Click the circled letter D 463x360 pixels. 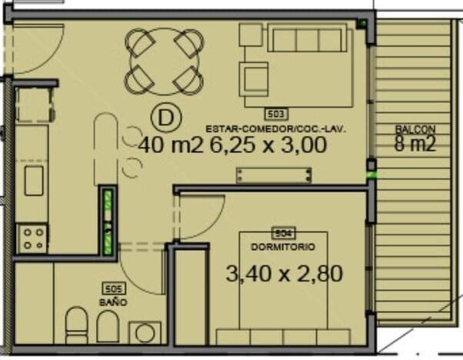[166, 118]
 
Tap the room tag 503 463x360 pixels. [276, 114]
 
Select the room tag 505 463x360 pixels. [114, 288]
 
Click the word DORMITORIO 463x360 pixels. [283, 247]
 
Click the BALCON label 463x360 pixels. [415, 129]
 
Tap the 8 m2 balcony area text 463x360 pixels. [415, 144]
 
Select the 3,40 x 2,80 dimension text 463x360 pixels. [284, 274]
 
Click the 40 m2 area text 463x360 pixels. [172, 145]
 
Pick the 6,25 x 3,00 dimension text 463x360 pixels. [268, 145]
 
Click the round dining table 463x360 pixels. [165, 62]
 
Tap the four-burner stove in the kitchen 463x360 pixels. [32, 238]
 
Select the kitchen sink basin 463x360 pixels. [34, 181]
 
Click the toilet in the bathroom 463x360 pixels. [76, 325]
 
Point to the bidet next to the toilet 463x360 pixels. [108, 326]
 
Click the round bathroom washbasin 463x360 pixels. [145, 333]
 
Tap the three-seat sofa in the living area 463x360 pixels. [307, 38]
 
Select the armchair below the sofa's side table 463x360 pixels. [254, 79]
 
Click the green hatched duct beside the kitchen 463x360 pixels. [108, 222]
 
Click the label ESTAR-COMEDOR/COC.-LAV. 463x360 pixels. [276, 129]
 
